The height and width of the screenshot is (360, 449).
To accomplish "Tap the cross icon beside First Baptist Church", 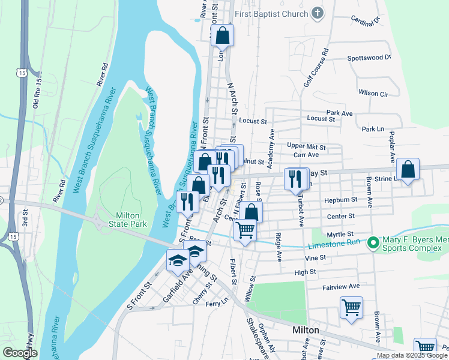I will [318, 13].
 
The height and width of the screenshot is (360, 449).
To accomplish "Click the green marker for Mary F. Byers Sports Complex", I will [372, 243].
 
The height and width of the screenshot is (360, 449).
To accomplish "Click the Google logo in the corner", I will [20, 353].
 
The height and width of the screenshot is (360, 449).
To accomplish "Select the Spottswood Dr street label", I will [369, 58].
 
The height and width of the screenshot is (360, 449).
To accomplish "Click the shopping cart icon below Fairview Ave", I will [352, 307].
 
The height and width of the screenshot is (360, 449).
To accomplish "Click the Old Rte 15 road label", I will [37, 90].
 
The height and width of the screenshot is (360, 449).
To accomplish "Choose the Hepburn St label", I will [341, 199].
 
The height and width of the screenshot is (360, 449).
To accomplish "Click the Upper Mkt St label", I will [306, 146].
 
